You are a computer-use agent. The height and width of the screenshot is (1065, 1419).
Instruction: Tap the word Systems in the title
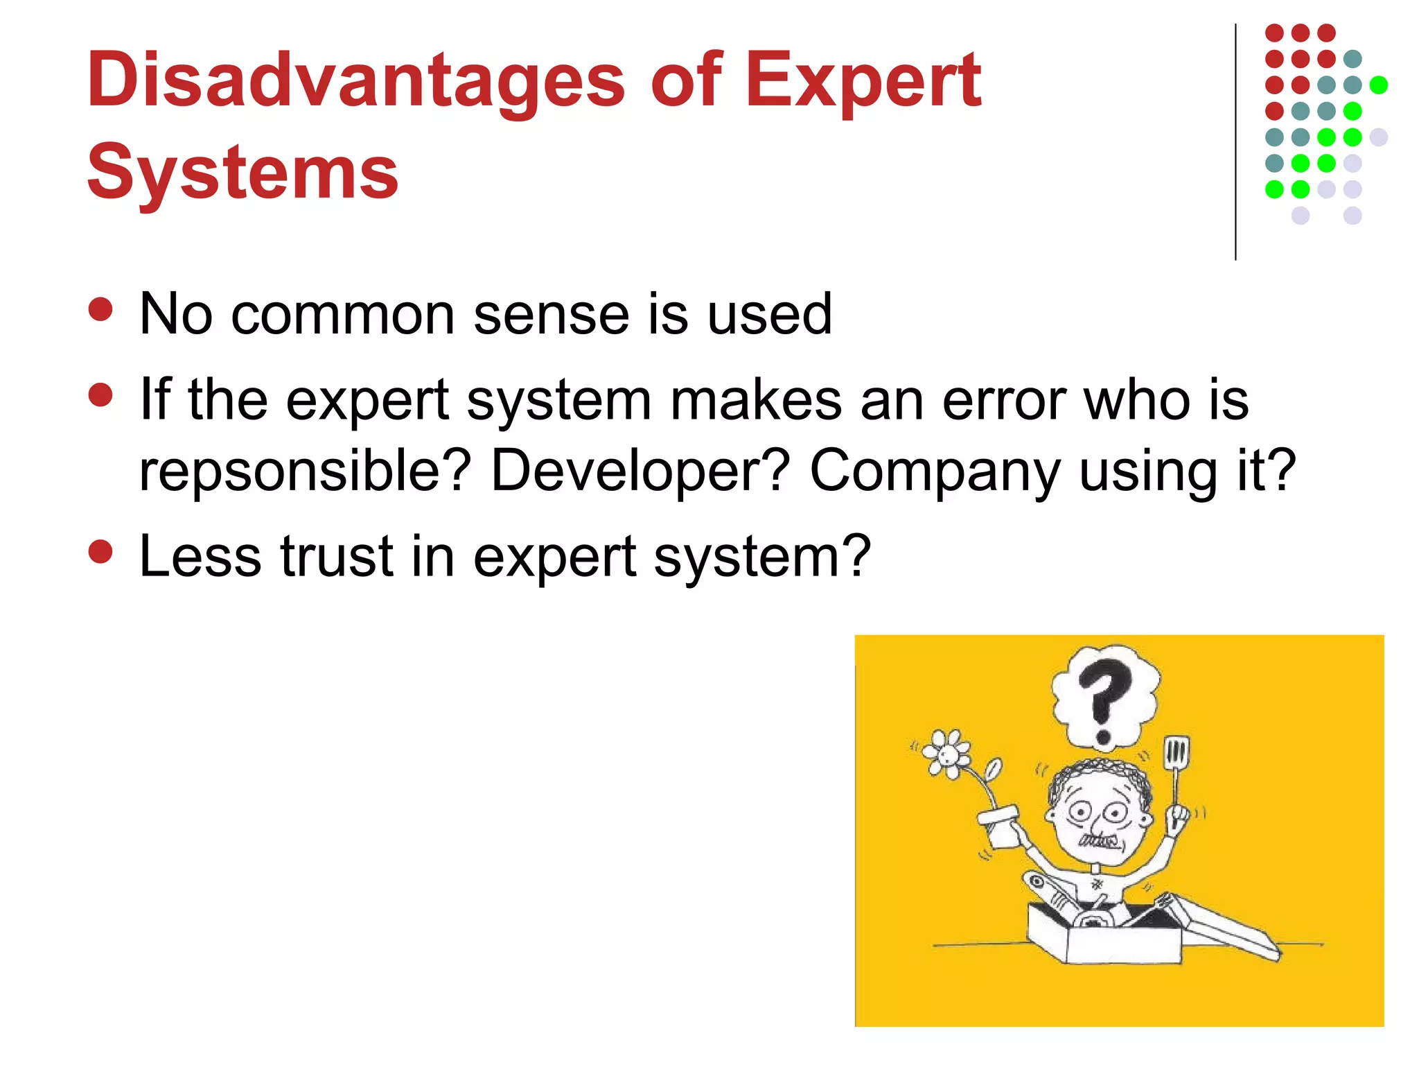pyautogui.click(x=243, y=172)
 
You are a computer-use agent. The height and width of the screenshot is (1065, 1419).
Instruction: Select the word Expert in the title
pyautogui.click(x=863, y=81)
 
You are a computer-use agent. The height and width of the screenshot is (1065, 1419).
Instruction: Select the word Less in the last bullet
pyautogui.click(x=200, y=556)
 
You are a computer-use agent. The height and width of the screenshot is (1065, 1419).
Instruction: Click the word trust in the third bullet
pyautogui.click(x=337, y=556)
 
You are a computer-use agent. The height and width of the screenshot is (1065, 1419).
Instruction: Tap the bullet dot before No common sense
pyautogui.click(x=101, y=310)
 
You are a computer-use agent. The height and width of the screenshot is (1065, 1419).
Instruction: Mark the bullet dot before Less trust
pyautogui.click(x=101, y=553)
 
